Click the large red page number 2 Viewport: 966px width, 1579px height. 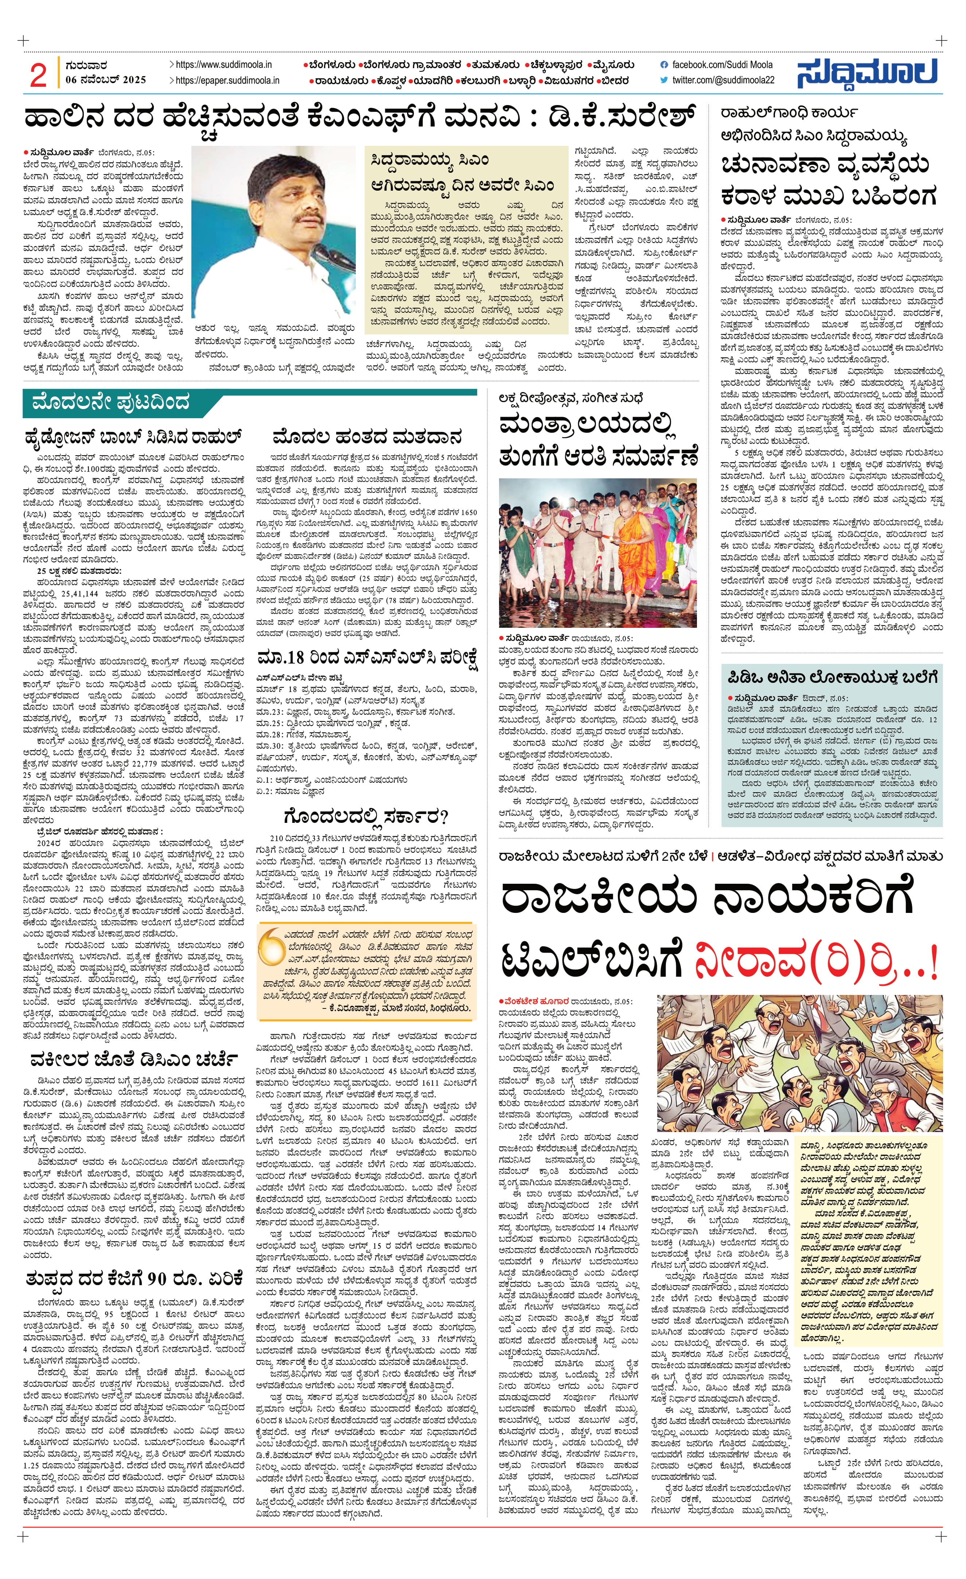pyautogui.click(x=38, y=75)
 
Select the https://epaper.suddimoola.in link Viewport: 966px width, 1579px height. pyautogui.click(x=227, y=81)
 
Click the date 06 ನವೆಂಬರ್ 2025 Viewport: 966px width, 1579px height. pyautogui.click(x=106, y=80)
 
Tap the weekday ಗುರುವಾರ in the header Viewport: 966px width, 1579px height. pyautogui.click(x=86, y=65)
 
